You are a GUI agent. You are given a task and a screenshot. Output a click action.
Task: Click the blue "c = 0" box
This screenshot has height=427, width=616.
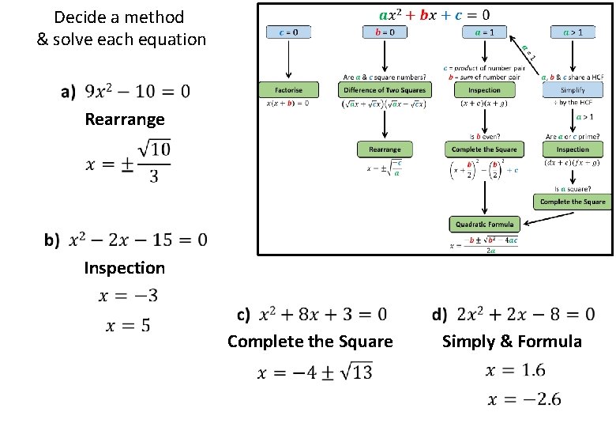(289, 32)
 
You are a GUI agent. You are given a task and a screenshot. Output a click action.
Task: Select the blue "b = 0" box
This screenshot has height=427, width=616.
(385, 32)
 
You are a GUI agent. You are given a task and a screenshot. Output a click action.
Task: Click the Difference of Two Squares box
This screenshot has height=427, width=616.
(385, 90)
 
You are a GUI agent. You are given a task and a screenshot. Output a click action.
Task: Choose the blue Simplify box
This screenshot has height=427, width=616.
(573, 90)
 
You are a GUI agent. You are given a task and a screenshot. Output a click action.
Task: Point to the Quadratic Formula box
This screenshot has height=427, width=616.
(484, 225)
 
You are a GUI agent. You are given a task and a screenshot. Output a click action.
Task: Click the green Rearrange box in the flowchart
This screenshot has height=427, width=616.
(385, 149)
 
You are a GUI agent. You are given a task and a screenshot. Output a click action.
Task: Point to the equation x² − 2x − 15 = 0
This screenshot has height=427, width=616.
(138, 239)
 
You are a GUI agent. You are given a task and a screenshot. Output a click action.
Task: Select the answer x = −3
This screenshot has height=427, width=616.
(128, 296)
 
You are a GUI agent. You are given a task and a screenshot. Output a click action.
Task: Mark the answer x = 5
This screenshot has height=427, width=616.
(125, 324)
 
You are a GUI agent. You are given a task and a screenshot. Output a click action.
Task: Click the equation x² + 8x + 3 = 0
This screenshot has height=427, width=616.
(323, 314)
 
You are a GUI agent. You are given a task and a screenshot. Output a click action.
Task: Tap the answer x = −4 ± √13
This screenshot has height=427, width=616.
(315, 372)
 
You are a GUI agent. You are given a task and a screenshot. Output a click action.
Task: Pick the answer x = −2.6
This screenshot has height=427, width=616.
(524, 399)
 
